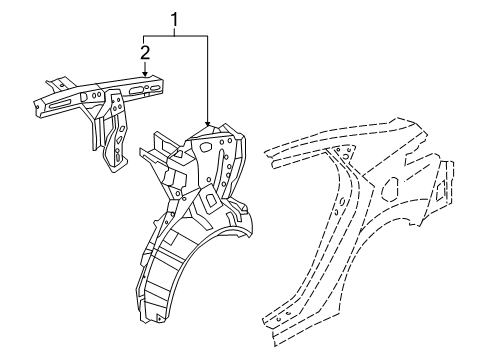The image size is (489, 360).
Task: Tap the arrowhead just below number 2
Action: click(145, 73)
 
